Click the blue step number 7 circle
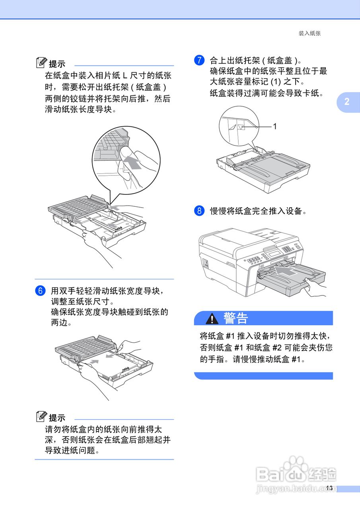[199, 60]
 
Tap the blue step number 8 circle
[199, 211]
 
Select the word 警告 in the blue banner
[235, 318]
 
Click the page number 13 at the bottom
[329, 488]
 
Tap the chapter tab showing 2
[347, 102]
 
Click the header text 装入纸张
[309, 33]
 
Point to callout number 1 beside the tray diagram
[274, 126]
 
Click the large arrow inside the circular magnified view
[133, 163]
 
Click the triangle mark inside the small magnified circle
[241, 127]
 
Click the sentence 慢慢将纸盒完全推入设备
[259, 211]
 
